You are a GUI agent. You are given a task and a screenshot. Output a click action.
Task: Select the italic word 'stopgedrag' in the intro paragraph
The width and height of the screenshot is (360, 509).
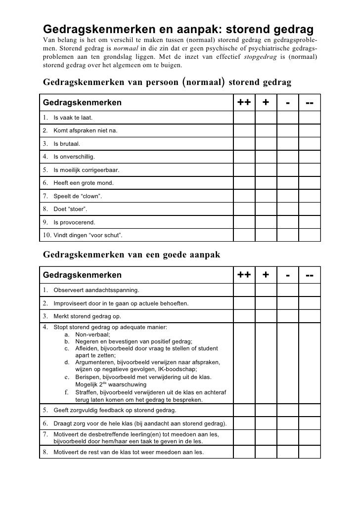click(x=261, y=56)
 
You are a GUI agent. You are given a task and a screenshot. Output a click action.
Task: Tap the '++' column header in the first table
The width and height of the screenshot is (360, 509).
click(x=244, y=103)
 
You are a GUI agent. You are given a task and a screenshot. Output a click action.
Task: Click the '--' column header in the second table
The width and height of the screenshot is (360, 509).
click(x=310, y=275)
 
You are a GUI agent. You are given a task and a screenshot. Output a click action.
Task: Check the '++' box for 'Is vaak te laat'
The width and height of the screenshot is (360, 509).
click(x=244, y=118)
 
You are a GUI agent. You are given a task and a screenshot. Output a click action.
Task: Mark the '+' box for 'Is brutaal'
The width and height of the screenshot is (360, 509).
click(x=266, y=144)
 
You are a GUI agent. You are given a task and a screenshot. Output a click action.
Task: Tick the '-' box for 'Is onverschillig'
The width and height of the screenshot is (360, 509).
click(x=288, y=157)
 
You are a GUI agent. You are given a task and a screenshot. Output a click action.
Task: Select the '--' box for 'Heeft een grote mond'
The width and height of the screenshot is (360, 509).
click(x=310, y=182)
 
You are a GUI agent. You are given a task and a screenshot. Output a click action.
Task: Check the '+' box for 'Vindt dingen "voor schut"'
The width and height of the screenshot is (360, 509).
click(x=266, y=234)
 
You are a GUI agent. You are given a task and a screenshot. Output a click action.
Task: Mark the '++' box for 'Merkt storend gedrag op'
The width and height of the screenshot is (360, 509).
click(x=244, y=316)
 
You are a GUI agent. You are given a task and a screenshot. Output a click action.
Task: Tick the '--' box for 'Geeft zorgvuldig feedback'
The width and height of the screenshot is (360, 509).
click(x=310, y=410)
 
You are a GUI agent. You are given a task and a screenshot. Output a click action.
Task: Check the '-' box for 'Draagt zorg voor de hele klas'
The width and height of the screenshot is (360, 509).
click(x=288, y=424)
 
